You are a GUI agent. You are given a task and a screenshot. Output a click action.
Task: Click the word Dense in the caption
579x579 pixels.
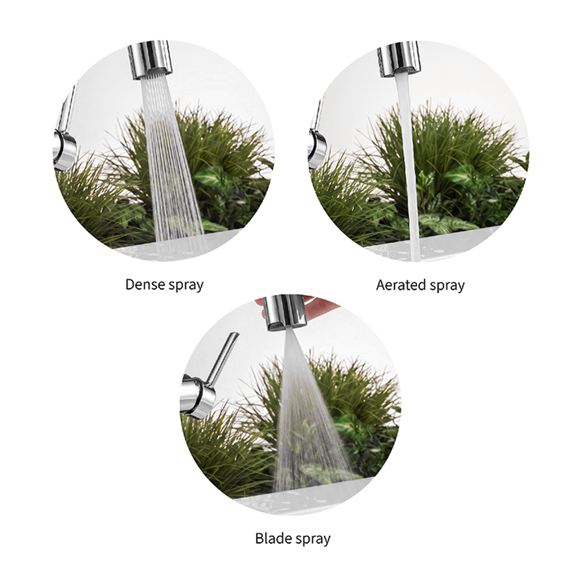[143, 284]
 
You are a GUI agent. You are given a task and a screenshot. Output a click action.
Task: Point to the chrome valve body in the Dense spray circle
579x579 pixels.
[65, 149]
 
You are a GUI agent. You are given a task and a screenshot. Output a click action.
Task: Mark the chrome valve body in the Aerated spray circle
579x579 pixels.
[317, 148]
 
